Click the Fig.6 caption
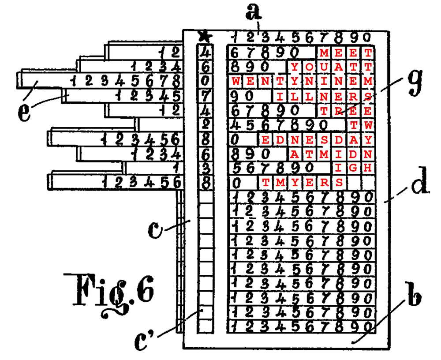coord(109,293)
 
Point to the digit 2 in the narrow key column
coord(205,125)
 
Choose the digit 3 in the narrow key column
coord(205,168)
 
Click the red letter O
coord(309,67)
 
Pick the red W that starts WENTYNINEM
coord(236,82)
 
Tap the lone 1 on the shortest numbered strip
coord(175,168)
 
